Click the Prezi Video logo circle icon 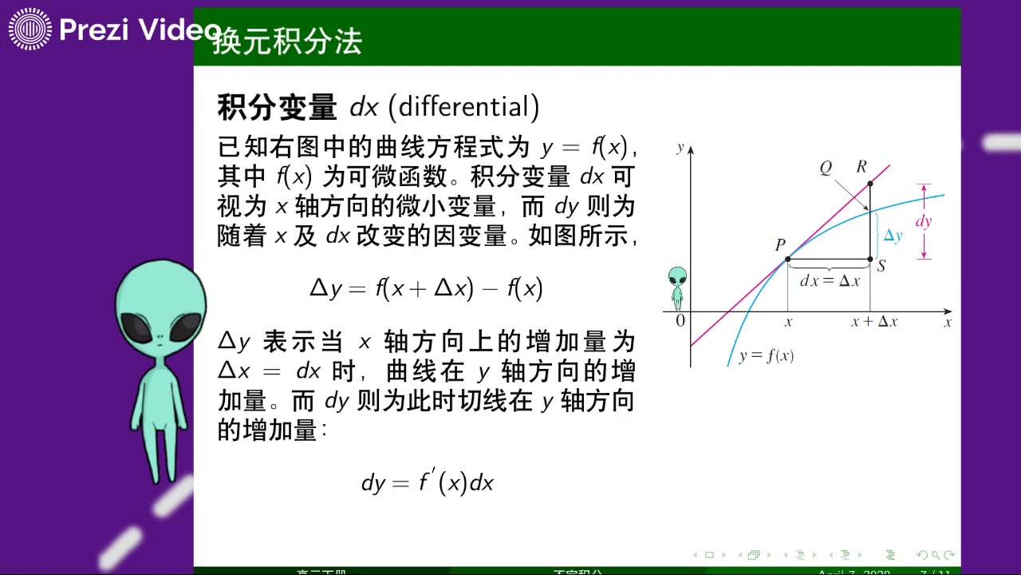[x=30, y=30]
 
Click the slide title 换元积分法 [x=287, y=41]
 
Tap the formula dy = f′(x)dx [x=428, y=482]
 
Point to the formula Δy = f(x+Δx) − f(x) [x=426, y=287]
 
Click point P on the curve [x=787, y=259]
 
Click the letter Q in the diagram [x=826, y=168]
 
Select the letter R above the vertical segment [x=861, y=167]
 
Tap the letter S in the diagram [x=881, y=267]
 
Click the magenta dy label [x=924, y=222]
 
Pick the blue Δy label [x=893, y=236]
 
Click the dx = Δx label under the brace [x=830, y=281]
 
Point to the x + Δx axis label [x=873, y=322]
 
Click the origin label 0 [x=680, y=321]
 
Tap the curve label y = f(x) [x=766, y=356]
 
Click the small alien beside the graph [x=677, y=287]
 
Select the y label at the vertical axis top [x=680, y=147]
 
